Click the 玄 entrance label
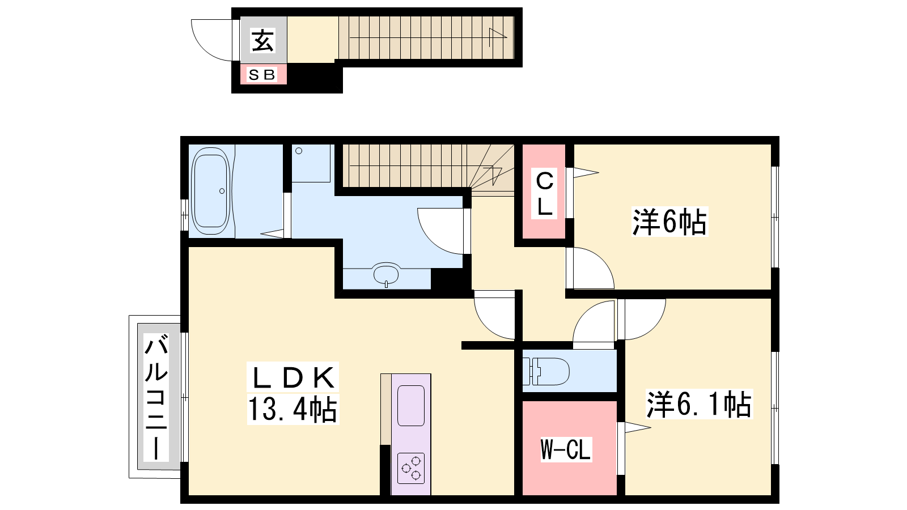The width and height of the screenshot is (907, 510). point(263,40)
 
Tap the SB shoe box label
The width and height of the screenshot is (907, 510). point(262,75)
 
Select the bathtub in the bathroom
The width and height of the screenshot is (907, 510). point(210,190)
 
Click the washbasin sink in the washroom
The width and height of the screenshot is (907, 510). point(386,274)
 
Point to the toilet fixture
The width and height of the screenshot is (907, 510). point(546,371)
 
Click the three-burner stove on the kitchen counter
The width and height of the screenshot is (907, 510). point(411,468)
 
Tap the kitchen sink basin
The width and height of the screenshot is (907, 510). point(411,406)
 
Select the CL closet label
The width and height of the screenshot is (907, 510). point(545,193)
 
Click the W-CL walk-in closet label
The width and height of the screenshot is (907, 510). point(566,449)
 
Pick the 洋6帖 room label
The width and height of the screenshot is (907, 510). point(669,222)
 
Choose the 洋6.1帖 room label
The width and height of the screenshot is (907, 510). point(699,403)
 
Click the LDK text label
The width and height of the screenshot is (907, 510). point(293,377)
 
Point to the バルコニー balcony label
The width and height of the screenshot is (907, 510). point(156,397)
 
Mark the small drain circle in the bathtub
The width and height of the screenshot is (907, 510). point(222,191)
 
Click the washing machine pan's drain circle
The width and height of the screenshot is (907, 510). point(299,151)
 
